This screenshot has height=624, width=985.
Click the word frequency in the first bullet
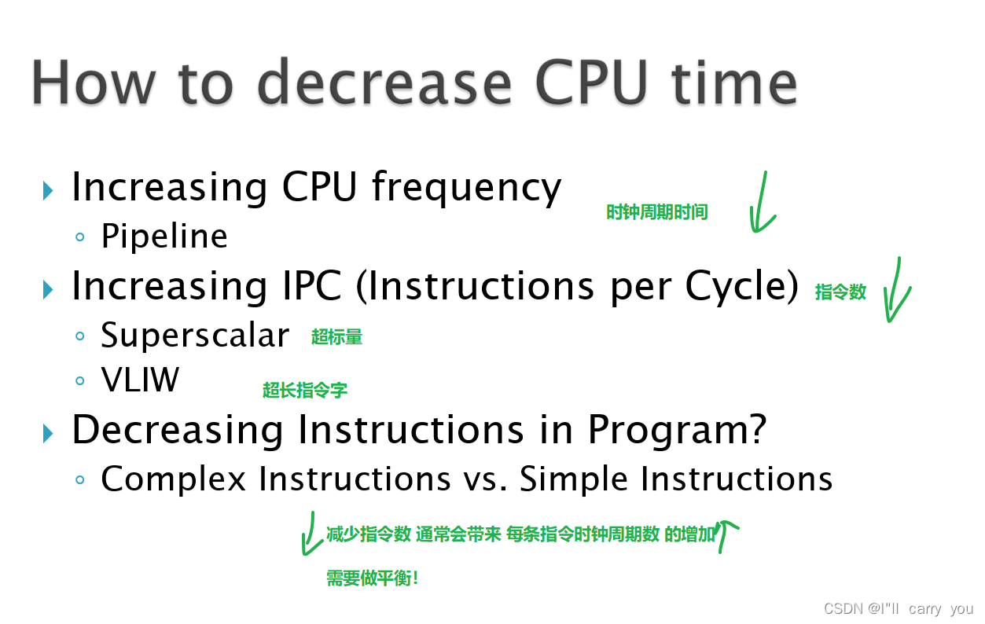pos(467,189)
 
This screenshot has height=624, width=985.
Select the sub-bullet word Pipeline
pos(164,236)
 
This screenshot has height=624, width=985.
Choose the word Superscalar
pos(195,336)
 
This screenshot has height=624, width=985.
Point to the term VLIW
pos(140,381)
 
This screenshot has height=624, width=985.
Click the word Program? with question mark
pos(677,430)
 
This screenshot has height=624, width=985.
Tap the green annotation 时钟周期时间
pos(656,212)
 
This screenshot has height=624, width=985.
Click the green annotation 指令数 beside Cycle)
pos(840,292)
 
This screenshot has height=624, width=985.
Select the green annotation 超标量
pos(336,337)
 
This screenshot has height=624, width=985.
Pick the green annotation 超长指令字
pos(305,390)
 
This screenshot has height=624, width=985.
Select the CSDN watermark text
pos(898,609)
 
